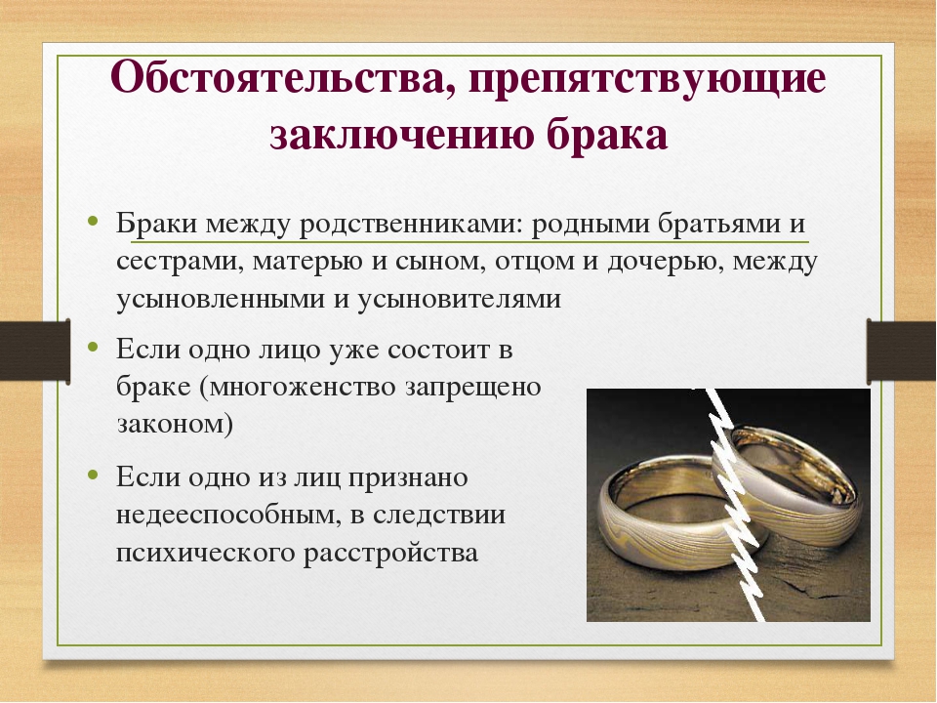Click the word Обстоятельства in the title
coord(277,78)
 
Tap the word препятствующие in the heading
coord(647,79)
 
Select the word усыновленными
coord(221,300)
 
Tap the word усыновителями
coord(460,300)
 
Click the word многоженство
coord(304,387)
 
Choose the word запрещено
coord(473,388)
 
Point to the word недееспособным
coord(222,516)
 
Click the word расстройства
coord(390,553)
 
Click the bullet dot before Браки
coord(92,221)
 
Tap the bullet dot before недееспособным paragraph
coord(92,475)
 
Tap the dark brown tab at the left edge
coord(35,351)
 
